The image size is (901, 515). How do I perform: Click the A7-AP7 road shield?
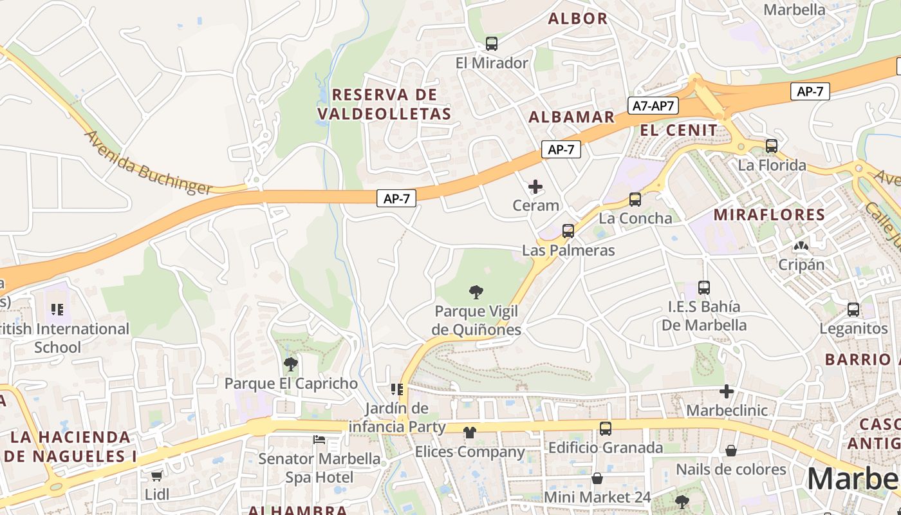click(653, 106)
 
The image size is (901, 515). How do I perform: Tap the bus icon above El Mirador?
click(492, 44)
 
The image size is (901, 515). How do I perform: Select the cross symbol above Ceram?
click(535, 187)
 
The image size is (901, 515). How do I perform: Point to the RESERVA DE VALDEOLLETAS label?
click(384, 104)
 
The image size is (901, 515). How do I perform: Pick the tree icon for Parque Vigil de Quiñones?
click(476, 292)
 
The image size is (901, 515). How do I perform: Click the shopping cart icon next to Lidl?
click(156, 476)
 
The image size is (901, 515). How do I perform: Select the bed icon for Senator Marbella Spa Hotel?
click(319, 440)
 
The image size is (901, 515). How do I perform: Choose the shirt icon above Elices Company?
click(469, 432)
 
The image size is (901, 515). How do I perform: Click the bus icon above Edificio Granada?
click(606, 428)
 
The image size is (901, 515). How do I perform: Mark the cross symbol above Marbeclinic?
click(727, 391)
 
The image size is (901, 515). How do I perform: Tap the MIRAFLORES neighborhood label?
click(770, 214)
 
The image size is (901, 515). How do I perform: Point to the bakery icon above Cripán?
click(801, 246)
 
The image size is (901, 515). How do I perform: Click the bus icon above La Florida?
click(772, 146)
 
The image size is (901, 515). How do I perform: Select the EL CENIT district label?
click(678, 130)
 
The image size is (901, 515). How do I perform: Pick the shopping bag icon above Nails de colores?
click(731, 451)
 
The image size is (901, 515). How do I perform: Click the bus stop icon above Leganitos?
click(853, 310)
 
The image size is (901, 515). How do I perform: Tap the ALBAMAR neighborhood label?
click(571, 117)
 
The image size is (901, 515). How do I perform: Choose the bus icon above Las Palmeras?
click(568, 230)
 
